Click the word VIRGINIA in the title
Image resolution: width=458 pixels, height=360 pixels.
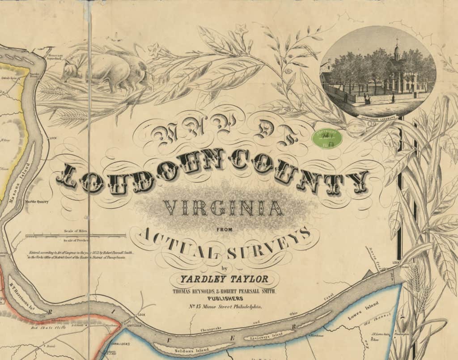pyautogui.click(x=224, y=208)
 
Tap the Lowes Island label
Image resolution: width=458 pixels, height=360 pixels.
pyautogui.click(x=364, y=310)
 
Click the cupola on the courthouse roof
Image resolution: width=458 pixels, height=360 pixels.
pyautogui.click(x=397, y=50)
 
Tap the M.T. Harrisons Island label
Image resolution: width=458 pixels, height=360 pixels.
pyautogui.click(x=24, y=291)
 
